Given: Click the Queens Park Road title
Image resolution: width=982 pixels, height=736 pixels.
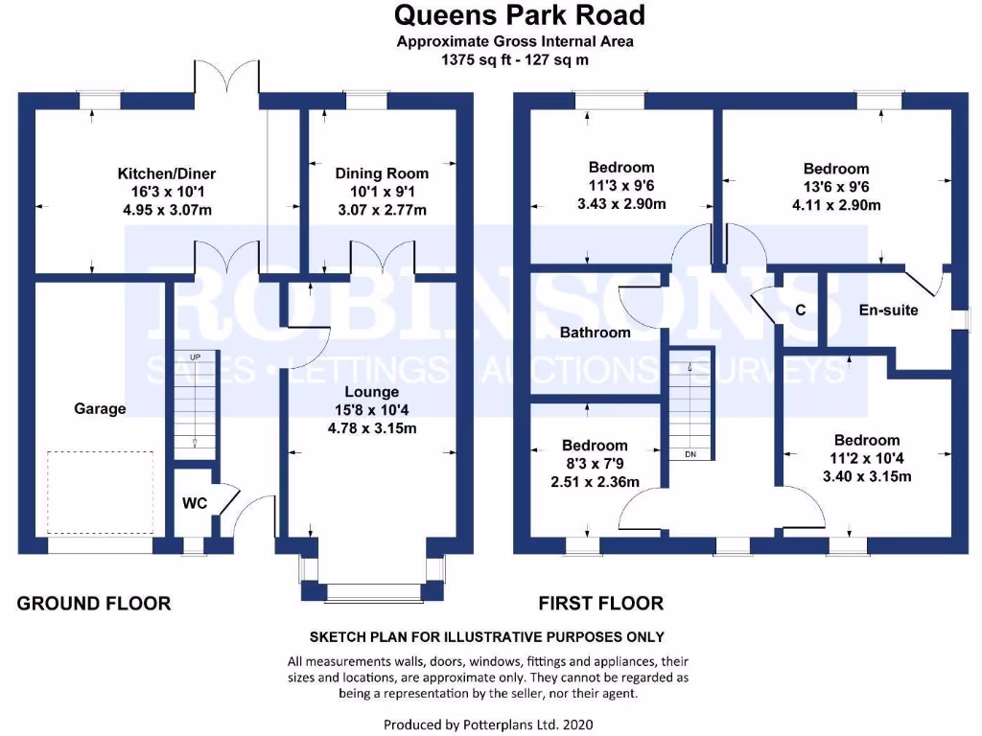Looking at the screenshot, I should pos(519,15).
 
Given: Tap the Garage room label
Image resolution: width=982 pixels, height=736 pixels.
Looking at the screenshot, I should pos(100,409).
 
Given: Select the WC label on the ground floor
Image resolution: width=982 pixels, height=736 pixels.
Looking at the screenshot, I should pos(196,501).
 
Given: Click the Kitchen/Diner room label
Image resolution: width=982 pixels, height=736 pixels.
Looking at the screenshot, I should pos(167,173).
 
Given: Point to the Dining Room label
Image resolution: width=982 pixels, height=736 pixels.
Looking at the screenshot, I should pos(381,173).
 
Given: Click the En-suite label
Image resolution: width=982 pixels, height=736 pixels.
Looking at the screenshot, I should pos(888,310).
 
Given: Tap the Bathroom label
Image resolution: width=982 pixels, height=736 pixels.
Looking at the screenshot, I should pos(596,333).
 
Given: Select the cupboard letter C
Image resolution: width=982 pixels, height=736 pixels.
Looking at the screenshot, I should pos(801,310).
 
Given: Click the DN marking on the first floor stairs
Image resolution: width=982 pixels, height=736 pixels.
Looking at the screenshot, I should pos(690,453).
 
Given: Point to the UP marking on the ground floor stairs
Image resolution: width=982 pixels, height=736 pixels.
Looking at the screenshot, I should pos(196,357).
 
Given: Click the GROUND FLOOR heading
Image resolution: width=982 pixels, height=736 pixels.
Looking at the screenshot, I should pos(94,604).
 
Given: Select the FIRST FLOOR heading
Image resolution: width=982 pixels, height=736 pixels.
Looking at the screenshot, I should pos(600,604).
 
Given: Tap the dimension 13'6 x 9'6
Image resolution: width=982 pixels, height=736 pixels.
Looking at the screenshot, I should pos(836,187).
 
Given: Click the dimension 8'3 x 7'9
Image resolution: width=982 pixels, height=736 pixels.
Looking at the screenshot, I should pos(595,463).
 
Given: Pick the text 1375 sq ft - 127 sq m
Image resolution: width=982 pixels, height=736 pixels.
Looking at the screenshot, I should pos(515,59).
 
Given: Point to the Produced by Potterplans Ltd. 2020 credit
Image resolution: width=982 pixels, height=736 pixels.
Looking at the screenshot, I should pos(495,724).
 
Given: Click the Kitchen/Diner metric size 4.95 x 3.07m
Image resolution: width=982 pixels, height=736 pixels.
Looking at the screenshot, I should pos(167,209).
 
